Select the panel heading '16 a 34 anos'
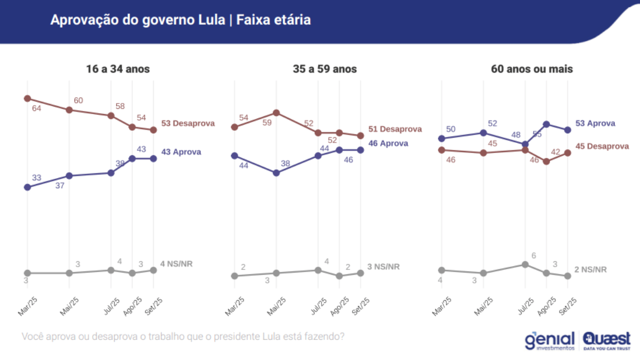tap(118, 69)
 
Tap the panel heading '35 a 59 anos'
tap(325, 69)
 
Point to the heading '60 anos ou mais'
tap(532, 69)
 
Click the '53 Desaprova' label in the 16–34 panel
tap(188, 123)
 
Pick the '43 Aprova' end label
tap(181, 151)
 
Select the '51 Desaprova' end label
tap(395, 129)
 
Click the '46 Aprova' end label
tap(388, 143)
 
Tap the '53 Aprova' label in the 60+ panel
tap(595, 123)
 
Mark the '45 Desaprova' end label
tap(602, 146)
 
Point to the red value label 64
tap(37, 109)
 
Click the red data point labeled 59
tap(276, 113)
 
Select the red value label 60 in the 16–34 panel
tap(78, 100)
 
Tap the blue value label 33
tap(37, 178)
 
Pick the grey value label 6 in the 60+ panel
tap(533, 255)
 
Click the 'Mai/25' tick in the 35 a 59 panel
tap(278, 307)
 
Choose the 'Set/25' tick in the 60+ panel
tap(569, 307)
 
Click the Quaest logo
tap(606, 340)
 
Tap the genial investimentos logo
tap(550, 341)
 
